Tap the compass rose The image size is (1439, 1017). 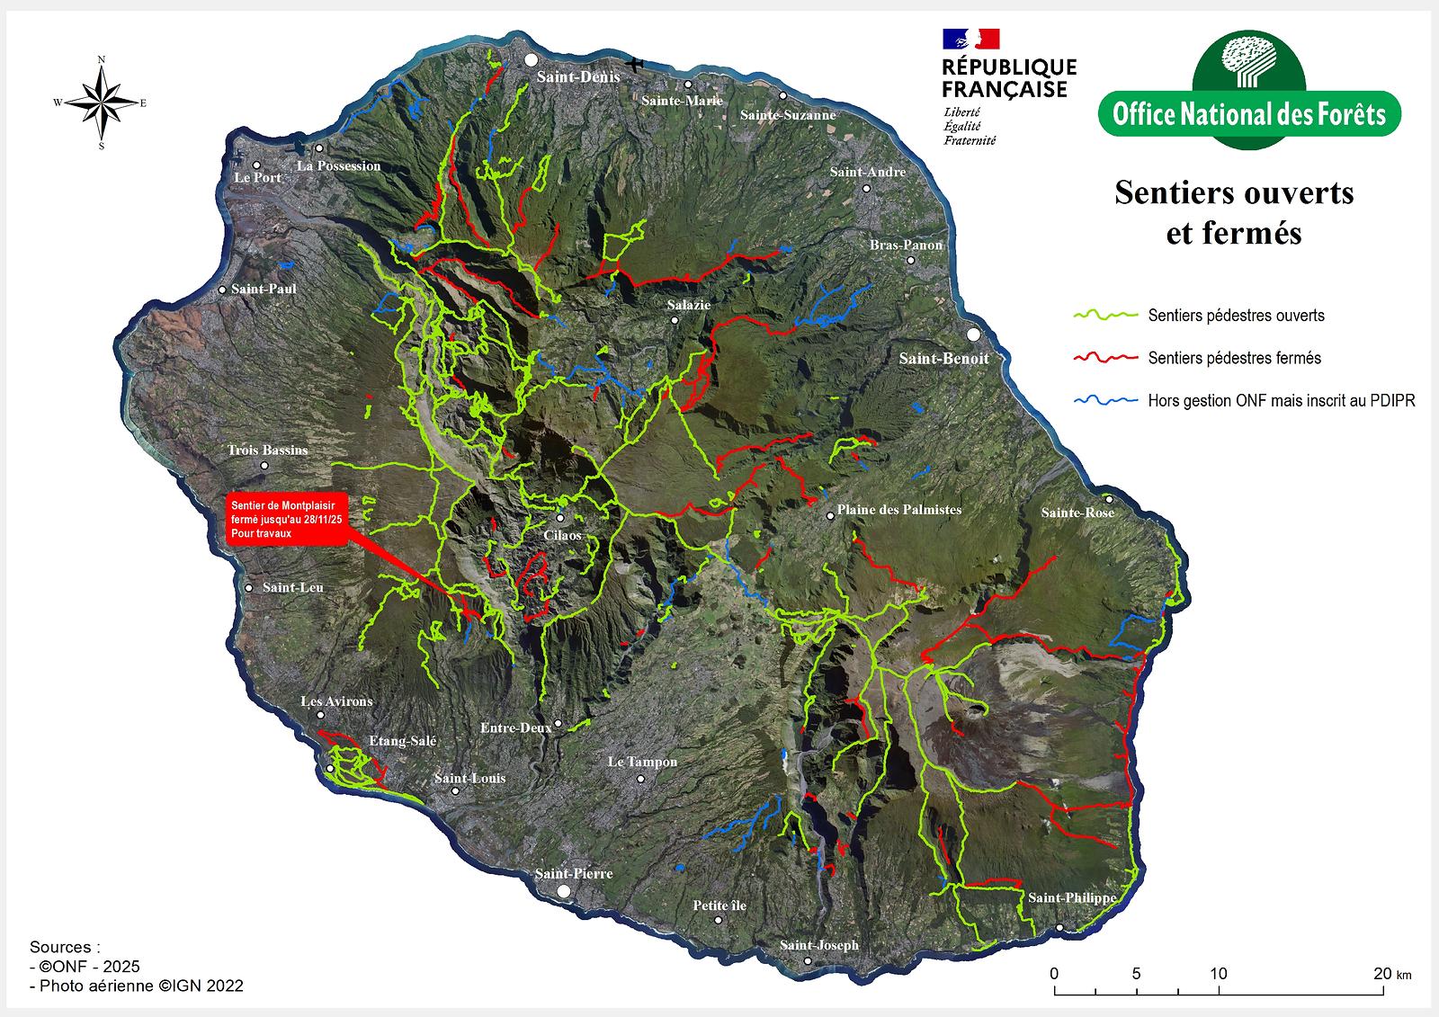click(x=101, y=103)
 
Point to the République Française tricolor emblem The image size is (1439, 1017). click(x=970, y=39)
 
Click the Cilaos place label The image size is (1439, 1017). click(x=562, y=535)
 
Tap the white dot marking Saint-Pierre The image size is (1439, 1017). click(x=564, y=890)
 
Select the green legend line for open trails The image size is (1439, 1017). click(x=1105, y=316)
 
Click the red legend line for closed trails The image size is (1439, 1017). click(x=1105, y=358)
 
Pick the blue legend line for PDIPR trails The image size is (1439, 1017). click(x=1105, y=400)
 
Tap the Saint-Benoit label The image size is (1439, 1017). click(x=943, y=358)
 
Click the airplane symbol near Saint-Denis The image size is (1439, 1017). click(x=636, y=64)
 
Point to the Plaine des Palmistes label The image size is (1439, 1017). click(x=898, y=510)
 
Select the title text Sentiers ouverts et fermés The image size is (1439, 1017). click(x=1234, y=212)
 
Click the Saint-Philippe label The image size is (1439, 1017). click(x=1072, y=897)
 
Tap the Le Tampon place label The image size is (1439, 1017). click(x=642, y=762)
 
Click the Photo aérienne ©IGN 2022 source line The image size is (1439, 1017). click(x=137, y=986)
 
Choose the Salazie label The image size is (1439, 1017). click(x=689, y=305)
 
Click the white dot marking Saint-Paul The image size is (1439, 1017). click(x=222, y=290)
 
